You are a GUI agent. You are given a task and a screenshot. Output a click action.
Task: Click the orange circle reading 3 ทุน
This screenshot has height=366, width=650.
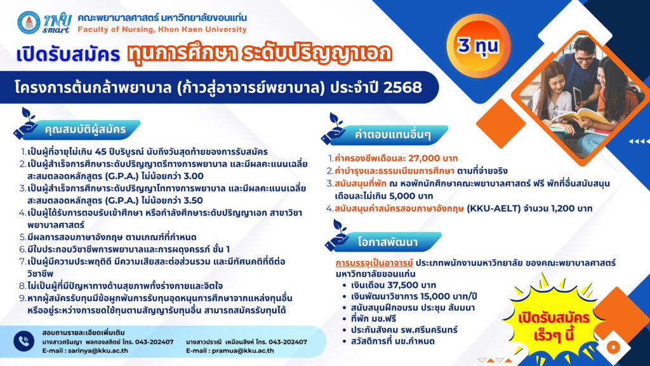(x=478, y=46)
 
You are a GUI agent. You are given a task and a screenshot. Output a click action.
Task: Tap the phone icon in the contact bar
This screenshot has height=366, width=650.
(x=23, y=341)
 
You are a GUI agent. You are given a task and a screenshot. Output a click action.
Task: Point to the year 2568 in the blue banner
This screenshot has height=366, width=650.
(x=402, y=88)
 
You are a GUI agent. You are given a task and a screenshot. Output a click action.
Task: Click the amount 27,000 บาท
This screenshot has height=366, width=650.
(x=433, y=158)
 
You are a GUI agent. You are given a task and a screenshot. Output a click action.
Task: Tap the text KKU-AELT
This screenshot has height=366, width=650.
(x=494, y=208)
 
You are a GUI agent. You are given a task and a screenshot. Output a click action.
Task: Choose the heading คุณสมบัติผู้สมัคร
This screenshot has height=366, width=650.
(x=85, y=130)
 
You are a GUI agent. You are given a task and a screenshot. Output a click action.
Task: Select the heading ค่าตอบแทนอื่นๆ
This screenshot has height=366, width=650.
(x=392, y=135)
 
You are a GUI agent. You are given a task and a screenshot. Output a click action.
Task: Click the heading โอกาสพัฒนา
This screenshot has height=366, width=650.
(x=388, y=242)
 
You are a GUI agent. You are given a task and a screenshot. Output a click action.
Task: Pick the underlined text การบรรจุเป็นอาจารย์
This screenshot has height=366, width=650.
(x=374, y=262)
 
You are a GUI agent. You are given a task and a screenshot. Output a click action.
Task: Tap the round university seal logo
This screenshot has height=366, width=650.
(x=29, y=22)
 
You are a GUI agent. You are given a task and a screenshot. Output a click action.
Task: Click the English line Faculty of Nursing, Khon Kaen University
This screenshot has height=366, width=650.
(x=162, y=29)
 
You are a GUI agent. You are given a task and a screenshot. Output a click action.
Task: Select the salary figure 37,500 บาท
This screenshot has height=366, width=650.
(x=411, y=285)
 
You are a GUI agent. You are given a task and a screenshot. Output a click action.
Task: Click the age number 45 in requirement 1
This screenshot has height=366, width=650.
(x=101, y=152)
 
